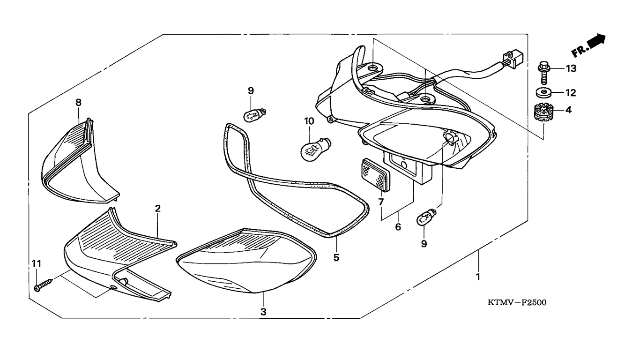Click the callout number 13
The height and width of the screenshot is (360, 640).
571,68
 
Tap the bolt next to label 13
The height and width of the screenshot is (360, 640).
543,72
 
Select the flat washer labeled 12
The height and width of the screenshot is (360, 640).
543,92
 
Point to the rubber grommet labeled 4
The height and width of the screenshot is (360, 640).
543,113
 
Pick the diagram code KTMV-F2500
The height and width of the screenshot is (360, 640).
517,302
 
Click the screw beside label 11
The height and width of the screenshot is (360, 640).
44,285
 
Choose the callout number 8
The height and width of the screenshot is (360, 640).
78,102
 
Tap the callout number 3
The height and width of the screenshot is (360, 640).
263,312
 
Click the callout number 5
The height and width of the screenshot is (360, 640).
336,258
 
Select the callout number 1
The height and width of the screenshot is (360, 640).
478,277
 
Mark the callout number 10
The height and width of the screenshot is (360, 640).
309,121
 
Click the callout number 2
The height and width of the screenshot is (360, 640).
158,209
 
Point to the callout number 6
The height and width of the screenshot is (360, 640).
398,227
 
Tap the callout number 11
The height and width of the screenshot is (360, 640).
36,263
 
